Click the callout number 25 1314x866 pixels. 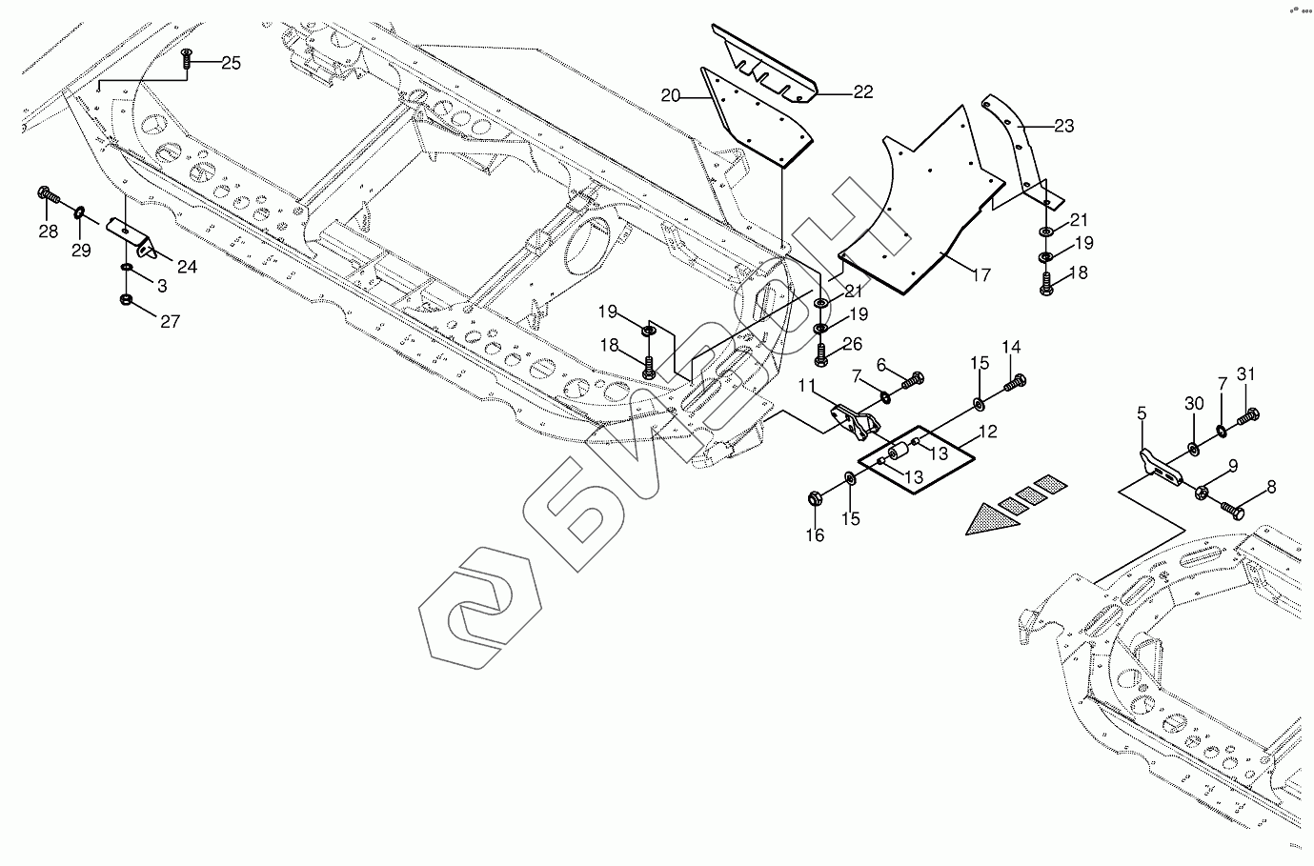coord(231,63)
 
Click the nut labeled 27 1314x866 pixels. coord(127,302)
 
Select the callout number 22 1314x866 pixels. coord(862,91)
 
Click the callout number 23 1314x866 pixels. coord(1063,125)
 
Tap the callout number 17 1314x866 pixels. coord(980,275)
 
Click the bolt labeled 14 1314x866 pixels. coord(1016,382)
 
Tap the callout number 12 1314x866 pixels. coord(987,432)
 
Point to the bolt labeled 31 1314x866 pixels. coord(1248,416)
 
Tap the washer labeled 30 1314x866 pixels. coord(1194,448)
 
